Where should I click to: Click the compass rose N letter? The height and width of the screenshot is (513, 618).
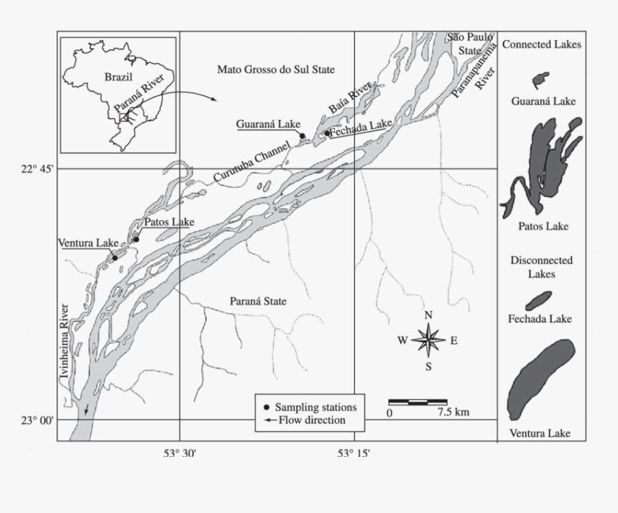coord(428,315)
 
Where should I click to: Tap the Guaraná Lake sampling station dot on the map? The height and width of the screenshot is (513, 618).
coord(303,135)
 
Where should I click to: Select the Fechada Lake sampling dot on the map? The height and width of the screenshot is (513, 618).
coord(326,133)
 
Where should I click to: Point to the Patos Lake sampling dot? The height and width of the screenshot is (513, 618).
coord(136,240)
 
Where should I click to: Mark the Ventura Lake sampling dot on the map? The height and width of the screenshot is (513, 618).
coord(115,258)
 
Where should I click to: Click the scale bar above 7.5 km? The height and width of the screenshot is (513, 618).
coord(418,401)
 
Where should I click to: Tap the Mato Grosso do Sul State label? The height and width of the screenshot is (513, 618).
coord(277,69)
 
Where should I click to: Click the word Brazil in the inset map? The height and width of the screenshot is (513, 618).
coord(118,76)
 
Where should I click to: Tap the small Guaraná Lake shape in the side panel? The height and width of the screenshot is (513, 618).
coord(540,78)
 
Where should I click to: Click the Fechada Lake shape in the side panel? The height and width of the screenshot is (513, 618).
coord(538,300)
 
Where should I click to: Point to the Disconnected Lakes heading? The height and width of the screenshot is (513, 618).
coord(541,267)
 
